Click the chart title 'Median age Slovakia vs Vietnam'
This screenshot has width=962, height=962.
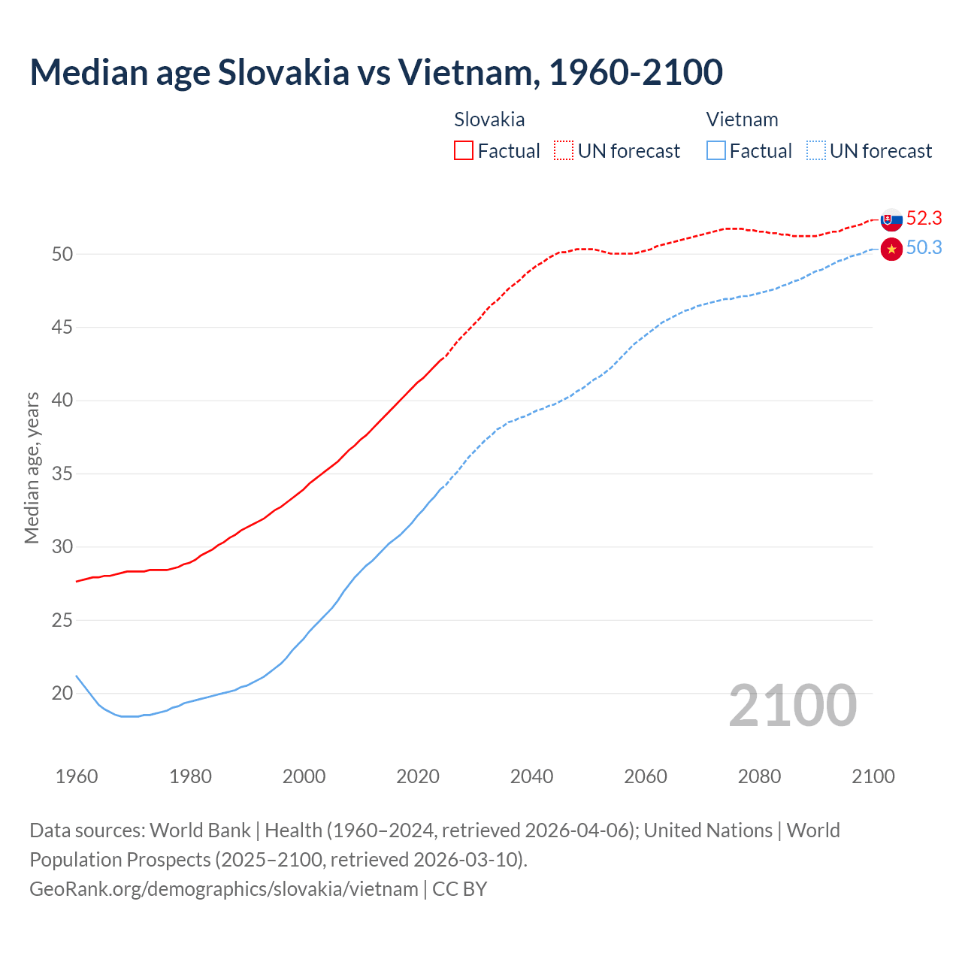376,72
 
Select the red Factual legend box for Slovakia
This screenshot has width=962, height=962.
464,151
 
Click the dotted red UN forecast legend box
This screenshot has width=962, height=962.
564,151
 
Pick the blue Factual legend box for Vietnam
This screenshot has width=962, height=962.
716,151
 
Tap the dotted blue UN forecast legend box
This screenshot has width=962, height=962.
816,151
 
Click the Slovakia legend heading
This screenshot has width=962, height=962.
489,119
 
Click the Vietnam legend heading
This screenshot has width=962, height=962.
742,119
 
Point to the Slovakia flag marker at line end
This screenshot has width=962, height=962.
891,219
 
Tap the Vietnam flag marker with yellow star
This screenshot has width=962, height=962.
891,249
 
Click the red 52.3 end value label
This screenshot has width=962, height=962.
924,219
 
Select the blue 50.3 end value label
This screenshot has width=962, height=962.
924,248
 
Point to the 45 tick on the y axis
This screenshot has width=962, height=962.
62,328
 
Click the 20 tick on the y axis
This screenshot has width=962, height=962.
62,694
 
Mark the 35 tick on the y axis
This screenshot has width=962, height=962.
62,474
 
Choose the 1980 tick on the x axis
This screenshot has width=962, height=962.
190,776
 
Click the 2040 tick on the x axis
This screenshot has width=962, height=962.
531,776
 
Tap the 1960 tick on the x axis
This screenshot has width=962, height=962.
77,776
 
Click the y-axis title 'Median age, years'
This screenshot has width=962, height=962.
32,467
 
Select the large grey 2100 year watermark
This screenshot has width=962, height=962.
792,705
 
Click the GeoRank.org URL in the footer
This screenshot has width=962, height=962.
224,889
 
